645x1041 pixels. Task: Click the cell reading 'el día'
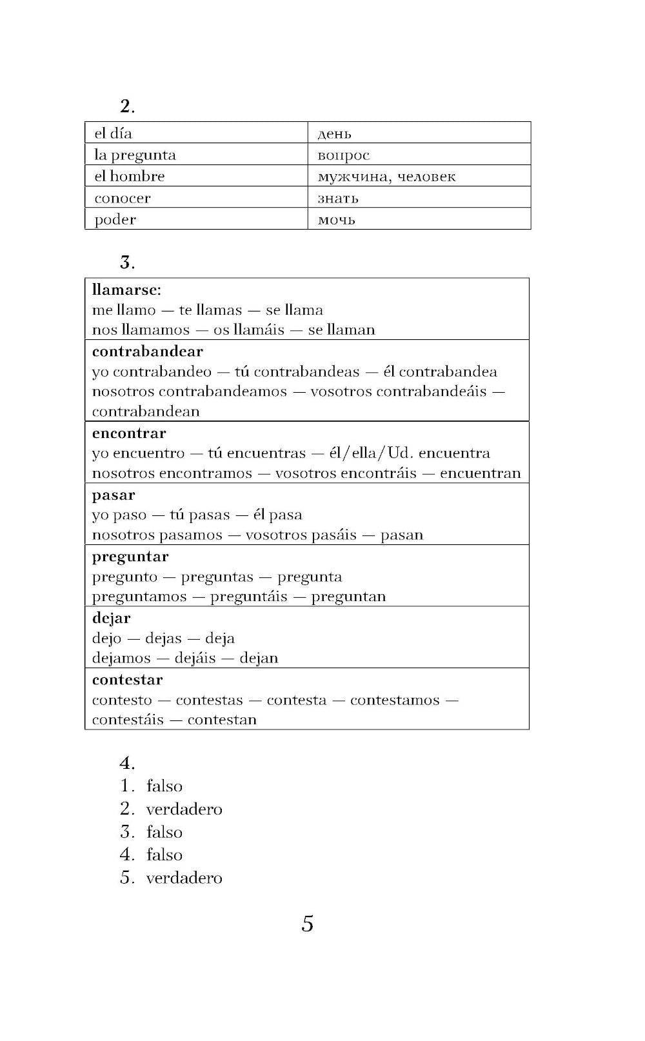[x=113, y=134]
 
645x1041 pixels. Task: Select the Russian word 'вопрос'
[x=343, y=155]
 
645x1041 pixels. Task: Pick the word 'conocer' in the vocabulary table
[x=123, y=198]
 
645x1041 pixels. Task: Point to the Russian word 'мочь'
[x=336, y=220]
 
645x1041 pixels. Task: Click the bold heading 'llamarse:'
[x=126, y=290]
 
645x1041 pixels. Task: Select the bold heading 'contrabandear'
[x=147, y=352]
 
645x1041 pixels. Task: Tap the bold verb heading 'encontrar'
[x=129, y=433]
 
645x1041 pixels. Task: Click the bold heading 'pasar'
[x=114, y=495]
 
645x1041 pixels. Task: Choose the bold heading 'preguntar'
[x=130, y=557]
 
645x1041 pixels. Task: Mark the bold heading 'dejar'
[x=111, y=618]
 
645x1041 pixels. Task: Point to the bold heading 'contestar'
[x=127, y=680]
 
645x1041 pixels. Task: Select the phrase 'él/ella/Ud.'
[x=371, y=453]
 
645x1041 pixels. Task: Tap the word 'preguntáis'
[x=248, y=597]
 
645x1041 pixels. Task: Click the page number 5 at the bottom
[x=308, y=924]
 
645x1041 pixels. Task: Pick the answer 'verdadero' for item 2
[x=184, y=809]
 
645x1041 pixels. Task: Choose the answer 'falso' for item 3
[x=164, y=832]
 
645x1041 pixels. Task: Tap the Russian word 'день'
[x=334, y=134]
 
